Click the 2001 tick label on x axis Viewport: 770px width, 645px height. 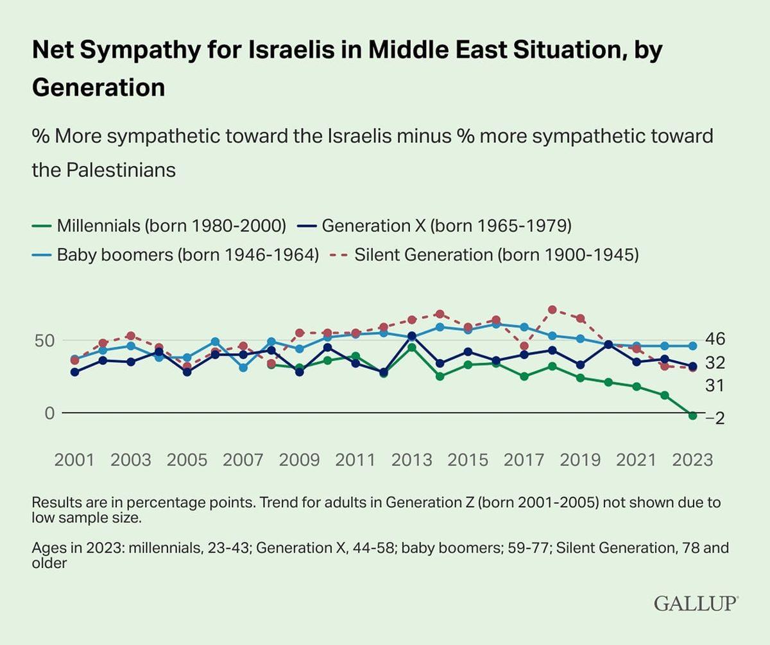pos(75,460)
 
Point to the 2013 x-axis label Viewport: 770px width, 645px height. pos(411,460)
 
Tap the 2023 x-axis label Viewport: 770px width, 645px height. pos(691,460)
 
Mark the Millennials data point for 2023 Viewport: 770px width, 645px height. pos(692,415)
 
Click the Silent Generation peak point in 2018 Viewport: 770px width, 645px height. pos(552,310)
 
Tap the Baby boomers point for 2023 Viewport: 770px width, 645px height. pos(692,346)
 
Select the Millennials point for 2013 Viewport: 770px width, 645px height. pos(411,348)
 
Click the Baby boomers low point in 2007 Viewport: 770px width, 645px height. pos(243,367)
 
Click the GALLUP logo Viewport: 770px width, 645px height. pos(696,603)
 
